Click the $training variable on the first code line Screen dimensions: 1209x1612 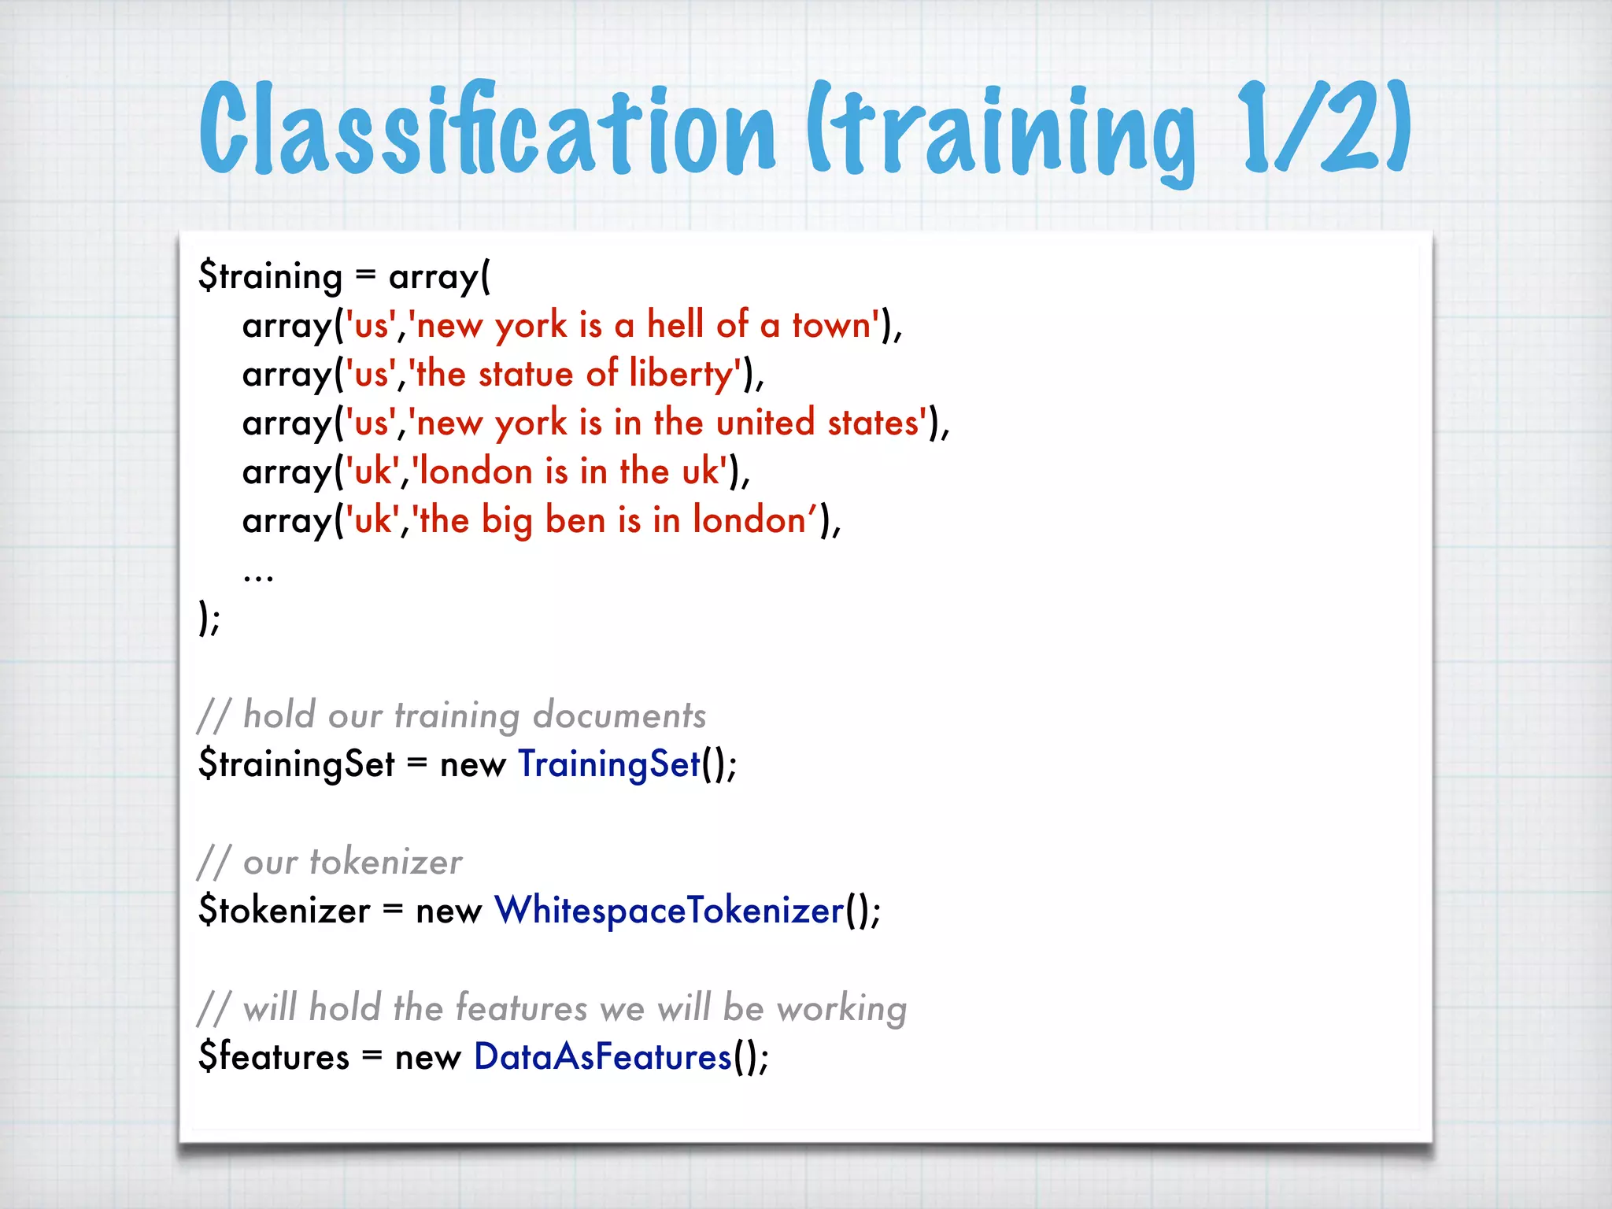point(270,277)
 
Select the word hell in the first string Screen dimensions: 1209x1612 point(675,324)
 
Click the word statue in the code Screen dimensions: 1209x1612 point(526,374)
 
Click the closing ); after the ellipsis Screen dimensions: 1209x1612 point(209,619)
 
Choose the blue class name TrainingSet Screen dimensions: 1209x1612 point(608,764)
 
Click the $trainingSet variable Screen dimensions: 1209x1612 point(297,764)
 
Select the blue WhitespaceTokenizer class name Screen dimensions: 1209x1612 point(669,911)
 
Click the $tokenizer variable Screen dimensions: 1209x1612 point(284,911)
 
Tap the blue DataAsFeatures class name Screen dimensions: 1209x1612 point(603,1057)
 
